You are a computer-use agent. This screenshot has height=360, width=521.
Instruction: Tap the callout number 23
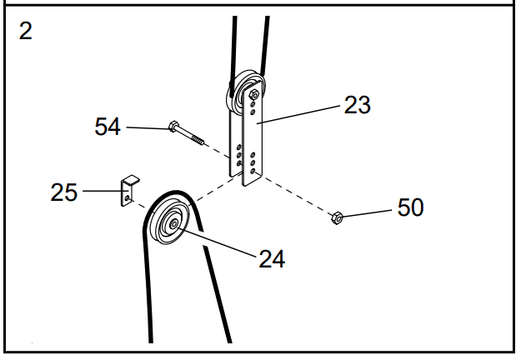357,105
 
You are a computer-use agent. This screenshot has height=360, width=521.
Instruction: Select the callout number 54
108,127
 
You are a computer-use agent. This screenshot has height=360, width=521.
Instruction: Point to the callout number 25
63,192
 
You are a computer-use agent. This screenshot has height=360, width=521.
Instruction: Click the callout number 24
271,258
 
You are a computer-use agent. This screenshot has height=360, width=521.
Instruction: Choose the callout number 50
409,207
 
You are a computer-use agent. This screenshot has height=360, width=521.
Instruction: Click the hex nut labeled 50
338,219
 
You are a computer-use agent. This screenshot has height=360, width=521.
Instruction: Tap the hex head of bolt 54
173,127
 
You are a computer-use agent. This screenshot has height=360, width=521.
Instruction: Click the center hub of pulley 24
173,222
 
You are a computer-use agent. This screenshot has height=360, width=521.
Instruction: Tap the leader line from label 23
301,114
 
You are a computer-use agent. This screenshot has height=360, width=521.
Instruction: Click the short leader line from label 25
101,192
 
